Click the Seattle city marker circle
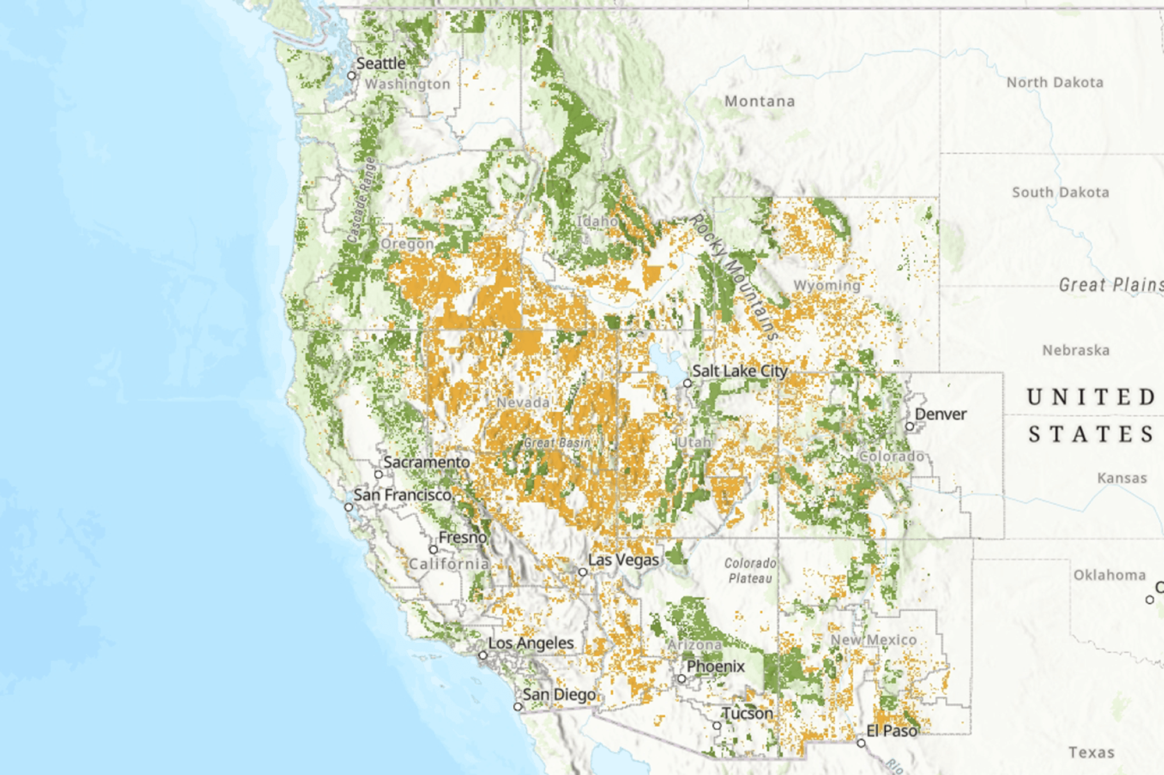(x=352, y=76)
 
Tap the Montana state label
(x=760, y=101)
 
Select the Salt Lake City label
(x=739, y=371)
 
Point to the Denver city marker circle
(x=910, y=426)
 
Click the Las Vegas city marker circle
(x=583, y=572)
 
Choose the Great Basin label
(x=557, y=443)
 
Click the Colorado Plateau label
(x=750, y=571)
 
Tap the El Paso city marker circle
(x=861, y=743)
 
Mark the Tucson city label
(x=747, y=713)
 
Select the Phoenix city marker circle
(x=682, y=679)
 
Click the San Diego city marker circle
(x=517, y=707)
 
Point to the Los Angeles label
(x=531, y=643)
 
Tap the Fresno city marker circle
(x=433, y=550)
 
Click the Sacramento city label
(x=427, y=462)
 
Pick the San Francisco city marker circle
(x=349, y=507)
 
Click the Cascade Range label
(x=361, y=200)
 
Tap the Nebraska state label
(x=1076, y=351)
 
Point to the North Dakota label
(x=1055, y=83)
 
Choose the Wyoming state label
(x=827, y=285)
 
